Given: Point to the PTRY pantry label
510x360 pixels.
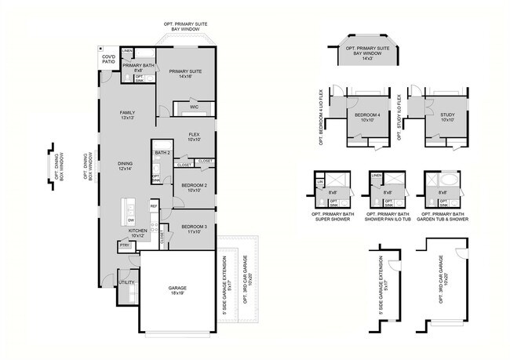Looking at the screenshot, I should coord(124,245).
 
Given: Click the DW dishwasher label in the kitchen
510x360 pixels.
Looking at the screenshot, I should coord(130,220).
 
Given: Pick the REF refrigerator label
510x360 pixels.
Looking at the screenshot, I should coord(154,206).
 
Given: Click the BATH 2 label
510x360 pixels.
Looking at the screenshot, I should coord(162,152).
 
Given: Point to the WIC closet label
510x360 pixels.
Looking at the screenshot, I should coord(193,106).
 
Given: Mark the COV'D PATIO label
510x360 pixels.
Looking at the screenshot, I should coord(108,60).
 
